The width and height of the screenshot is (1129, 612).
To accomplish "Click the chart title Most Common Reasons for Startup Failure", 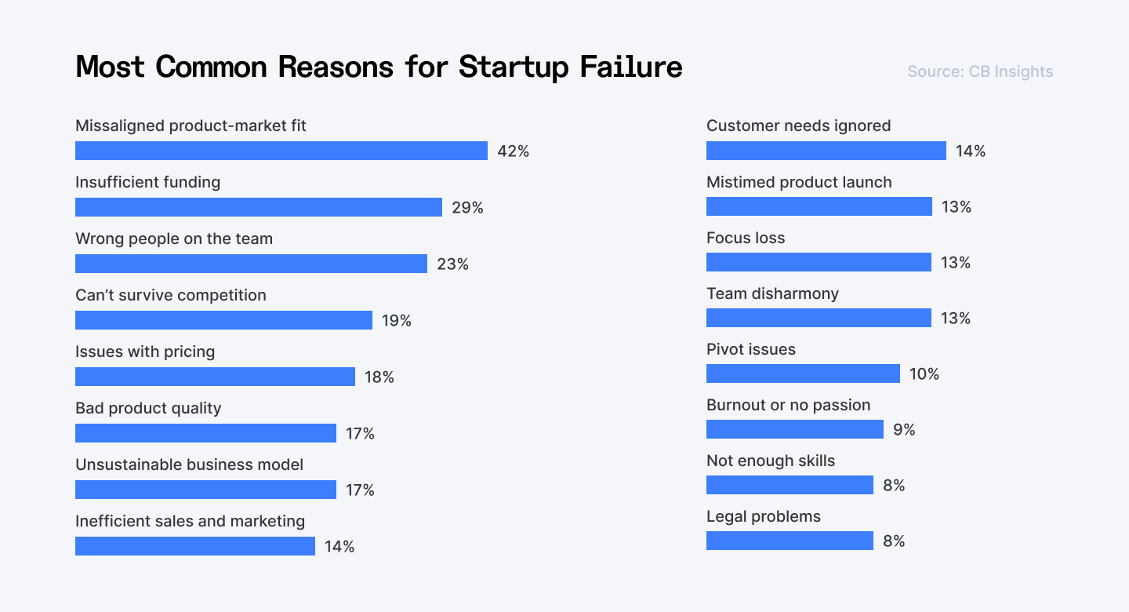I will tap(379, 67).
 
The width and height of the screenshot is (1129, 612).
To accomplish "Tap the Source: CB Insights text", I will tap(980, 72).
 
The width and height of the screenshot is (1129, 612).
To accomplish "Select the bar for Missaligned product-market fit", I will tap(281, 151).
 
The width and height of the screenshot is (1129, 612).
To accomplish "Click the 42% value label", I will tap(514, 151).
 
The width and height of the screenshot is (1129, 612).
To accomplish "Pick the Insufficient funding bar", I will tap(259, 207).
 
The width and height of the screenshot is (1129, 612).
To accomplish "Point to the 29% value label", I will tap(467, 208).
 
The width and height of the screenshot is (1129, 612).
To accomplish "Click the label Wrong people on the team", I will tap(174, 239).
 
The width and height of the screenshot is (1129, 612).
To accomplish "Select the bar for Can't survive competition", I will tap(223, 320).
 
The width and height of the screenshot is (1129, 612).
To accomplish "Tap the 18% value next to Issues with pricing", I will tap(379, 377).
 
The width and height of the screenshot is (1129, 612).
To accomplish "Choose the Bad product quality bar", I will tap(205, 433).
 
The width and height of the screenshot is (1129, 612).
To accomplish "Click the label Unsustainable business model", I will tap(189, 464).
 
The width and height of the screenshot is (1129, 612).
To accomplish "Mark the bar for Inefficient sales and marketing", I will tap(195, 546).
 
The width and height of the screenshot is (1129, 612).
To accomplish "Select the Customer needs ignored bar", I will tap(826, 151).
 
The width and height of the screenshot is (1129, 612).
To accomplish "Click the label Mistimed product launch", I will tap(799, 182).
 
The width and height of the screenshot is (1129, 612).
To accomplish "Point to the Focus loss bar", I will tap(819, 262).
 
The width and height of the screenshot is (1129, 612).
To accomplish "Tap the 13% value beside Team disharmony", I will tap(956, 319).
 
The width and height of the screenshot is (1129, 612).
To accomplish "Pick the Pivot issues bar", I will tap(803, 373).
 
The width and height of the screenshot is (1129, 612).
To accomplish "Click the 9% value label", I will tap(904, 430).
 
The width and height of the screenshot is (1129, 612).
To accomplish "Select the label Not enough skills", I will tap(771, 461).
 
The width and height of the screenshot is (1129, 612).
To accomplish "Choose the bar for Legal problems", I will tap(790, 541).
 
